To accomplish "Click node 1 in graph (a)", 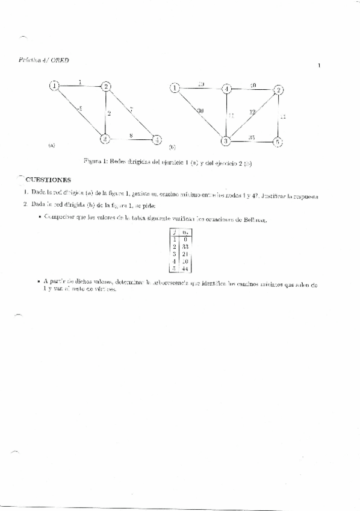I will click(55, 86).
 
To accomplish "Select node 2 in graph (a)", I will click(106, 86).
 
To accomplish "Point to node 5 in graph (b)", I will click(278, 142).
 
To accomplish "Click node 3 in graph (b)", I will click(226, 141).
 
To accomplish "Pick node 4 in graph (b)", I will click(226, 89).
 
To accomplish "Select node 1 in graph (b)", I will click(175, 89).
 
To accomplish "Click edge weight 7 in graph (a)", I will click(131, 108).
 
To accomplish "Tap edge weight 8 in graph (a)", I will click(131, 136).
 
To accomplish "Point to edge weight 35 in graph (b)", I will click(252, 138).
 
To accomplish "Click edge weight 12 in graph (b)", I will click(253, 113).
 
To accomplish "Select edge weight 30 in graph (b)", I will click(200, 110).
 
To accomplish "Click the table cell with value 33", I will click(185, 246).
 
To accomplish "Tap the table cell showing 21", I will click(185, 254).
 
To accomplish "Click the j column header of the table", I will click(174, 231).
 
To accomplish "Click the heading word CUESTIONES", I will click(48, 180).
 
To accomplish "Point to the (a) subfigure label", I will click(51, 145).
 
